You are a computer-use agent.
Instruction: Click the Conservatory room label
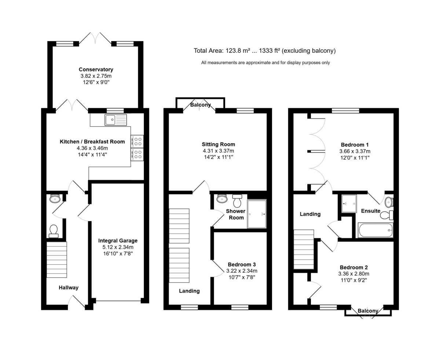pos(96,69)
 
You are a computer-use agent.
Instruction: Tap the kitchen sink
pos(116,120)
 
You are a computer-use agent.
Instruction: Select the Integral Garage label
pos(118,241)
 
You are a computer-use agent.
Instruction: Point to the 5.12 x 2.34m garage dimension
pos(118,247)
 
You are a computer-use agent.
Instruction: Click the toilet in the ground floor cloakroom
pos(54,231)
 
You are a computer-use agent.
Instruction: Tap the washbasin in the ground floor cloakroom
pos(55,199)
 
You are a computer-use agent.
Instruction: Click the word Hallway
pos(69,288)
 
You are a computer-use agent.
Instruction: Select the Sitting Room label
pos(219,144)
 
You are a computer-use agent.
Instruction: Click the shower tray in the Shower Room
pos(257,214)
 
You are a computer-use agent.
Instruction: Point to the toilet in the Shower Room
pos(237,201)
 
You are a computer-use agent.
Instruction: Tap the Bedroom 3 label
pos(242,265)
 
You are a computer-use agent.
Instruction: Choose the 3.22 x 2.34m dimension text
pos(242,271)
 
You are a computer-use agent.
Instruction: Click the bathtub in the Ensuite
pos(375,230)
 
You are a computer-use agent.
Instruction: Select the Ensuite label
pos(371,211)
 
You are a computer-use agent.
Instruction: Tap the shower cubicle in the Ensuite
pos(349,204)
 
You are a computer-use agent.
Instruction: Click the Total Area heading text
pos(264,51)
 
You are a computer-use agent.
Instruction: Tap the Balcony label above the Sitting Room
pos(201,105)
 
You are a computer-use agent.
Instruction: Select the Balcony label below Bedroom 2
pos(368,311)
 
